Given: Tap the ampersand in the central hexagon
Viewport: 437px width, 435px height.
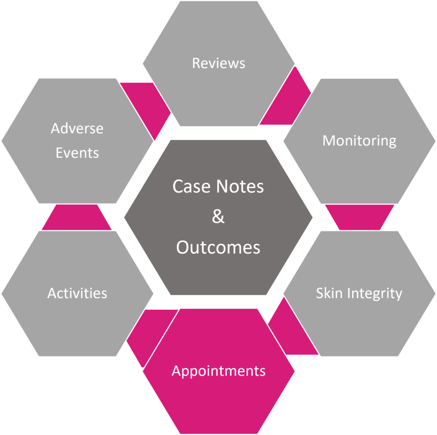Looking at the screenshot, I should pyautogui.click(x=218, y=217).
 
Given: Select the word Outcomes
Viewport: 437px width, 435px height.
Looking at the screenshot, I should pyautogui.click(x=218, y=247).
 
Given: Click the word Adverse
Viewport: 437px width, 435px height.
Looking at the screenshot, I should pyautogui.click(x=77, y=128).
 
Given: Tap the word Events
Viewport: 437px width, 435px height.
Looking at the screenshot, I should pyautogui.click(x=77, y=153).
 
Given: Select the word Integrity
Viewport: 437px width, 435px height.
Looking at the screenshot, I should pyautogui.click(x=374, y=293).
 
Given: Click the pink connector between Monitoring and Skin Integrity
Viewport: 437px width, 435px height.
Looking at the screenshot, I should pyautogui.click(x=359, y=216).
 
